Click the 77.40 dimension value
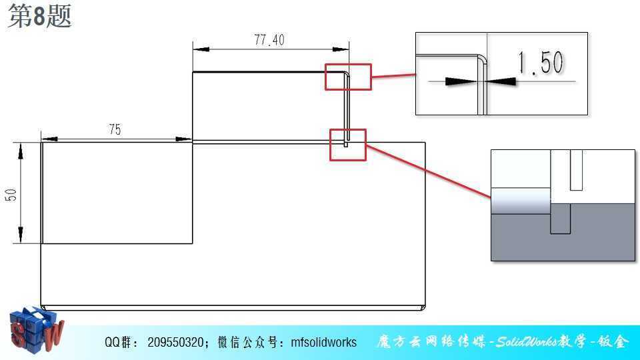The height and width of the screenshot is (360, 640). click(269, 40)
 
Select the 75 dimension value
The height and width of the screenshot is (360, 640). click(115, 129)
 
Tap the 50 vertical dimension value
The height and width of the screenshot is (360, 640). click(11, 195)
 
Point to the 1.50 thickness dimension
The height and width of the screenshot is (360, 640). click(541, 63)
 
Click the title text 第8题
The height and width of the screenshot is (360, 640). click(39, 16)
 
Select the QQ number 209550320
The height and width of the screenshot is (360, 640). click(175, 342)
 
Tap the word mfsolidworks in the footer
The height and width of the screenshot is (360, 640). click(324, 342)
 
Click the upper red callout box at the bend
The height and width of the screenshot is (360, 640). click(348, 65)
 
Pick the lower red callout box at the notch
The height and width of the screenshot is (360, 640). click(348, 130)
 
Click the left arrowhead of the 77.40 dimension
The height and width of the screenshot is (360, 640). click(201, 49)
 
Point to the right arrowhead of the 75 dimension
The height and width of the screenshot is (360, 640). click(184, 139)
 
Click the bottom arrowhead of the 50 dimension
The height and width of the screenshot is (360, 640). click(21, 235)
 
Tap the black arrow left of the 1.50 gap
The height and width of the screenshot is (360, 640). click(461, 81)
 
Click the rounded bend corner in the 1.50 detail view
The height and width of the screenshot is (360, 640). click(483, 59)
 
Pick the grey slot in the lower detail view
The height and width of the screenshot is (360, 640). click(560, 219)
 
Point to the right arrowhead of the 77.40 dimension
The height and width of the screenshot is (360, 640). click(341, 49)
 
